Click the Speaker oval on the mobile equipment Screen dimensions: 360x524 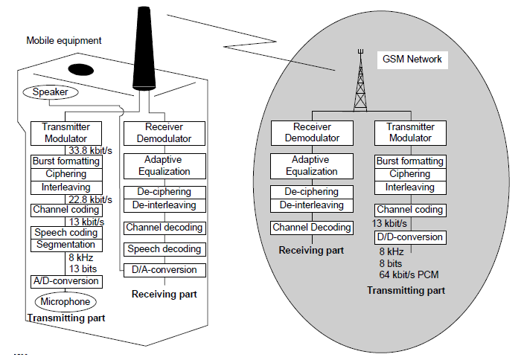(x=50, y=92)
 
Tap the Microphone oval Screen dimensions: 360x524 (x=66, y=301)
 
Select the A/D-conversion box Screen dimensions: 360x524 (x=65, y=281)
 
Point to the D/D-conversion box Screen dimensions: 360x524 (x=409, y=237)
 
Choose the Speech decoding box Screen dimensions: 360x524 (x=163, y=248)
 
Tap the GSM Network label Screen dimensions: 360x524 (x=412, y=59)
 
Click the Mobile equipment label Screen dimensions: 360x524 (x=64, y=40)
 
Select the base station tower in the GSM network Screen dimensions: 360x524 (x=360, y=82)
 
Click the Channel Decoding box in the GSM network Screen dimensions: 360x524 (x=310, y=227)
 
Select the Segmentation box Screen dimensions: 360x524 (x=65, y=245)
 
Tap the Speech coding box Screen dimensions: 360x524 (x=65, y=233)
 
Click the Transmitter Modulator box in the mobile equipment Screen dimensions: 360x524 (x=65, y=132)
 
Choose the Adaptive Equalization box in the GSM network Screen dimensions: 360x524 (x=310, y=165)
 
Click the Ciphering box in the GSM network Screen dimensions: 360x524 (x=409, y=174)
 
